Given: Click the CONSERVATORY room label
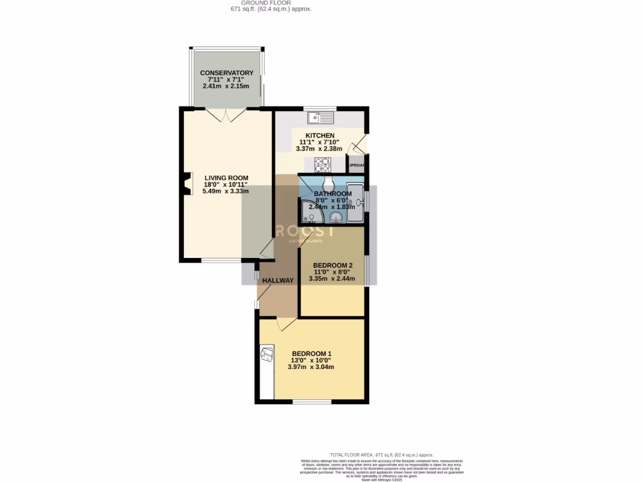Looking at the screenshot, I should (227, 73).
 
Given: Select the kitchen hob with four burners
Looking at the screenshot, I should (322, 164).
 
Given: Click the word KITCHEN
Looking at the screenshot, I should (320, 136).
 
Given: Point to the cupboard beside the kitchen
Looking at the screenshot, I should (355, 166).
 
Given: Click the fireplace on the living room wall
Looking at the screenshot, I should (185, 185).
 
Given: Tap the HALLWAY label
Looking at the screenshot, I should (278, 281).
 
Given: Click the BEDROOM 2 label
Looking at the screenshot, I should (332, 265).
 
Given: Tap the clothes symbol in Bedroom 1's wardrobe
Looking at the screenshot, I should (267, 355).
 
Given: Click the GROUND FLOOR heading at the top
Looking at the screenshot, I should (269, 3).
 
